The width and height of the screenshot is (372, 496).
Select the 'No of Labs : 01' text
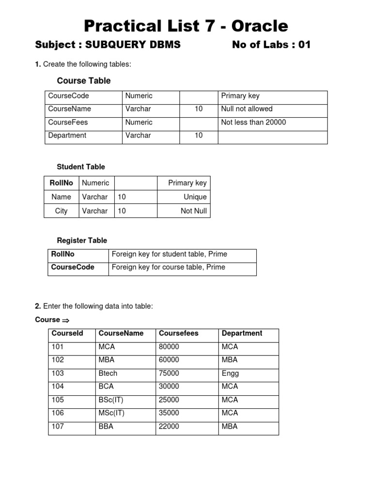271,45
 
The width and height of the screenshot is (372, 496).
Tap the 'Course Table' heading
84,81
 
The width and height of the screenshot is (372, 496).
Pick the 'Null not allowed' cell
247,109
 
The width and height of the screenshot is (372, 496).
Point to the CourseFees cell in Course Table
68,123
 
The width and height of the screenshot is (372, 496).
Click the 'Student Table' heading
81,167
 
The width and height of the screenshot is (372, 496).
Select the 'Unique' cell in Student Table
195,197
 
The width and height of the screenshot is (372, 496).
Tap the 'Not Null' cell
193,211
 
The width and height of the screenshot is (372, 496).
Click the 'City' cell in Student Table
62,211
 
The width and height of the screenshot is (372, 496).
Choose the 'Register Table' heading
82,240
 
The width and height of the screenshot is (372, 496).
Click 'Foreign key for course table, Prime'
168,267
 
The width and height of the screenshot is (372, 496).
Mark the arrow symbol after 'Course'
66,320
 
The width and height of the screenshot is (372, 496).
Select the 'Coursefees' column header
179,333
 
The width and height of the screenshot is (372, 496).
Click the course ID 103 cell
58,373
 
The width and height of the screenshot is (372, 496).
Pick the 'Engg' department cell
230,373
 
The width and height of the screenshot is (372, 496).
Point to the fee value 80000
169,347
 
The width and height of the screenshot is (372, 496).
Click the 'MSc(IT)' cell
111,413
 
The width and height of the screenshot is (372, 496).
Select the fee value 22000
169,427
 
